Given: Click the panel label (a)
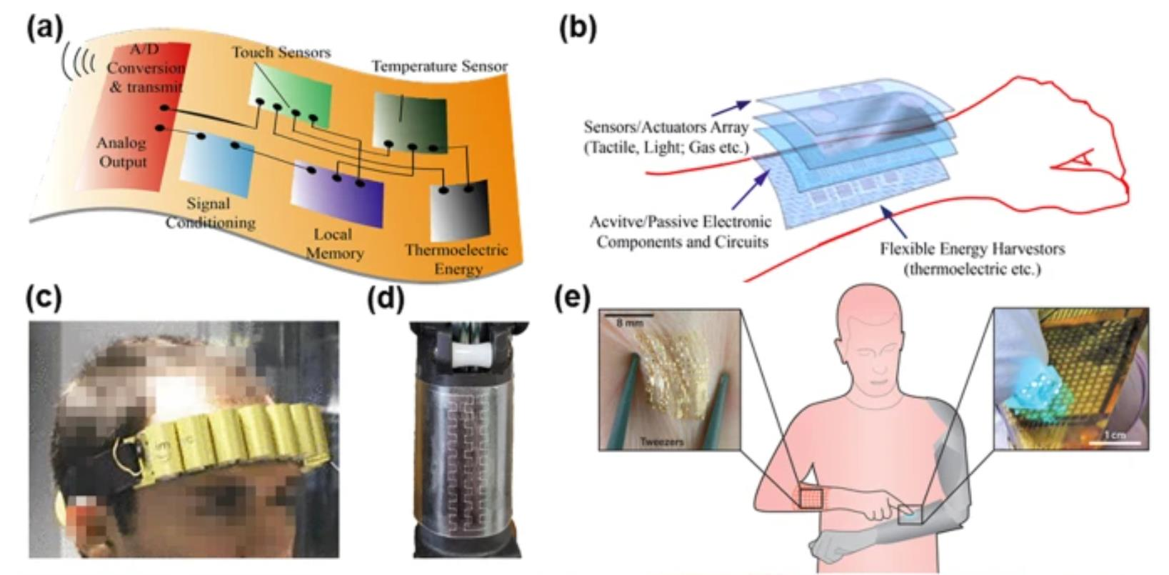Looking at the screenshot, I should [x=45, y=28].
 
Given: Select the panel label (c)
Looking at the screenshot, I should [x=44, y=298].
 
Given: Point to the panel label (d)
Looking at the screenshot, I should [x=385, y=298].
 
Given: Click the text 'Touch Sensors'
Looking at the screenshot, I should [x=281, y=52].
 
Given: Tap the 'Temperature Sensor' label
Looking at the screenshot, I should [x=439, y=66].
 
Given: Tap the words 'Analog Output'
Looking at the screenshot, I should [x=122, y=152].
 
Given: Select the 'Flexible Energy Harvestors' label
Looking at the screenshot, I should [x=972, y=249].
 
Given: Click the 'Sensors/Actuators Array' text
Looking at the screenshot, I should [x=666, y=128].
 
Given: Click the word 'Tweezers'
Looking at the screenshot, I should [x=661, y=441].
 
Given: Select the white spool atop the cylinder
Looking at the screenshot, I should [x=467, y=354].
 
